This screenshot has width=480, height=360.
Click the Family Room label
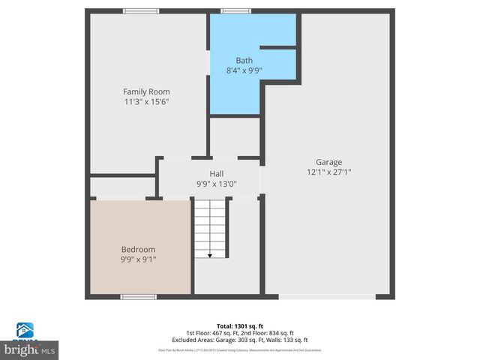tap(141, 91)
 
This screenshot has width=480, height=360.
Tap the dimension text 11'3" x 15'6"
tap(141, 101)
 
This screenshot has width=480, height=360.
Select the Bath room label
tap(244, 61)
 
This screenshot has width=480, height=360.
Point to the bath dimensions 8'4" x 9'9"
tap(244, 70)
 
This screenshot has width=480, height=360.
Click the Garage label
tap(328, 162)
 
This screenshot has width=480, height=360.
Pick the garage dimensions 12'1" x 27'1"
tap(328, 172)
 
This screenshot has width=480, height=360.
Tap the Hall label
tap(216, 174)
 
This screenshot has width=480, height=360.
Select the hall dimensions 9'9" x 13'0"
tap(216, 184)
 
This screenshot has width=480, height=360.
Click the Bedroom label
tap(139, 250)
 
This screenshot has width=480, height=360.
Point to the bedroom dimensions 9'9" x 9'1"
tap(139, 259)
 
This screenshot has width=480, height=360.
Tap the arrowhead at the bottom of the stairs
tap(210, 256)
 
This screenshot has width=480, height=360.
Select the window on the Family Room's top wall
tap(141, 11)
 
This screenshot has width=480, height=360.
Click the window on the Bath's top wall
tap(235, 11)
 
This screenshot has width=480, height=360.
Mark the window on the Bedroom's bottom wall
tap(138, 297)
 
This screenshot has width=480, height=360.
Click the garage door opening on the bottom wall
tap(327, 297)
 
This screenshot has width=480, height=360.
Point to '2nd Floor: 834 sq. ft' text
tap(271, 333)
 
